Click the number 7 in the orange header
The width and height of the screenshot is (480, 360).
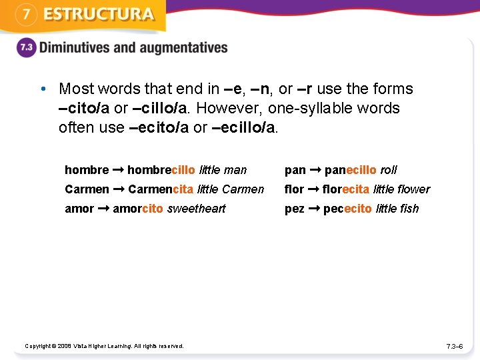[25, 15]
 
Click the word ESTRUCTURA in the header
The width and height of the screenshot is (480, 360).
[99, 15]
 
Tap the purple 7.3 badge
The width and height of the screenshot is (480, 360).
[25, 48]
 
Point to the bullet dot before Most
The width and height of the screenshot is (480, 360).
[42, 89]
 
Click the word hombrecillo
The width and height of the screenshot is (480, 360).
[161, 170]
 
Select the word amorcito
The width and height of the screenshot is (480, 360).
[138, 209]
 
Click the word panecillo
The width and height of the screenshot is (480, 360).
[350, 170]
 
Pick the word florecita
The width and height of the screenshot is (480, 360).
[345, 189]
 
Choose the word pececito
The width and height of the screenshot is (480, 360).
[347, 209]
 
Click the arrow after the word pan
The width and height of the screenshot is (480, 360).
[315, 170]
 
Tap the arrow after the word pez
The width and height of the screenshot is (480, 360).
[314, 209]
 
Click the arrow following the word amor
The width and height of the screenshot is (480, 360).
[103, 209]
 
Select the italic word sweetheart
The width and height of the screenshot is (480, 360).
[196, 209]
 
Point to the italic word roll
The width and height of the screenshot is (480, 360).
[388, 170]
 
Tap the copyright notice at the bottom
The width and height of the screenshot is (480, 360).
[104, 345]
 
